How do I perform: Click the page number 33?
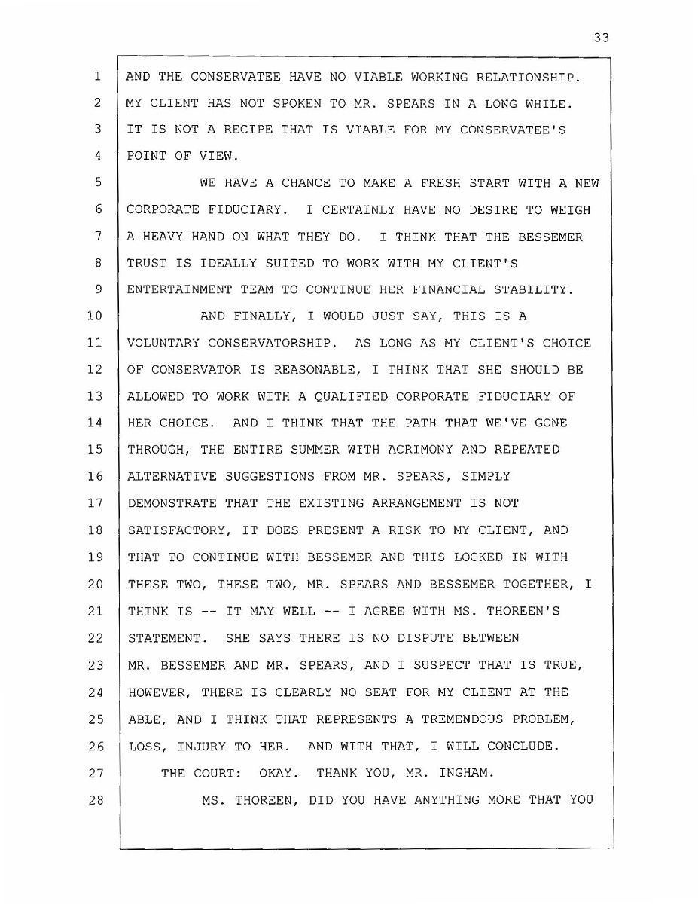tap(600, 38)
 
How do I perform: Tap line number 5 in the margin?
tap(98, 183)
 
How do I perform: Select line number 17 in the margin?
tap(94, 503)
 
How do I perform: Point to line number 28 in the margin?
tap(94, 799)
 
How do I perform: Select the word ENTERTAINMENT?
tap(175, 290)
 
